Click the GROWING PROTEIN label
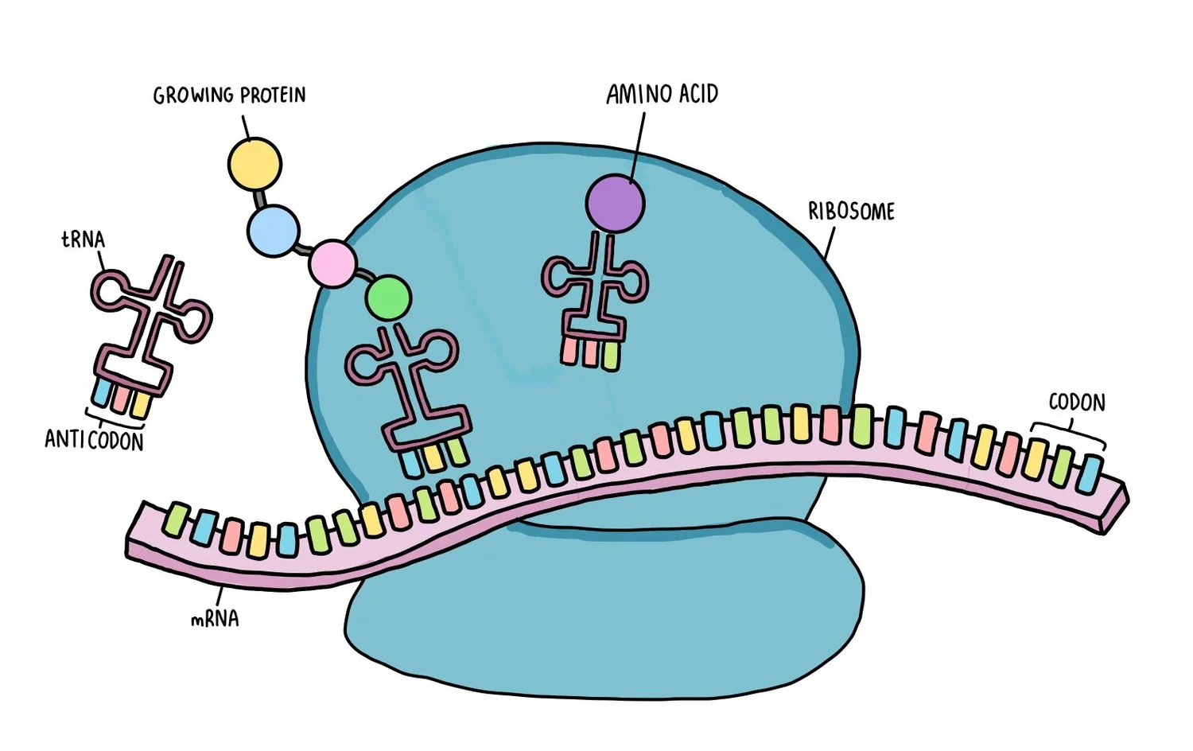point(229,95)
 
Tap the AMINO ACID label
point(662,95)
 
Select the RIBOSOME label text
point(851,212)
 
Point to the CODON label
point(1077,403)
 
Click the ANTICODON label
point(94,440)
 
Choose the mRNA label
point(215,619)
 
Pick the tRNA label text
point(83,239)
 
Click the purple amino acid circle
point(615,204)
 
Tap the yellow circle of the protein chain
point(255,164)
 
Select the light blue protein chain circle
point(273,231)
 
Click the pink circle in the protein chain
point(332,263)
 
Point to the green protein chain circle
point(389,298)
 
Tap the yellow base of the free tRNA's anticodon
point(141,404)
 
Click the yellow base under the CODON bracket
point(1035,460)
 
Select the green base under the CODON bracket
point(1062,467)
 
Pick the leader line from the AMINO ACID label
point(638,143)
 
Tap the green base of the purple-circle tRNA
point(610,355)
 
